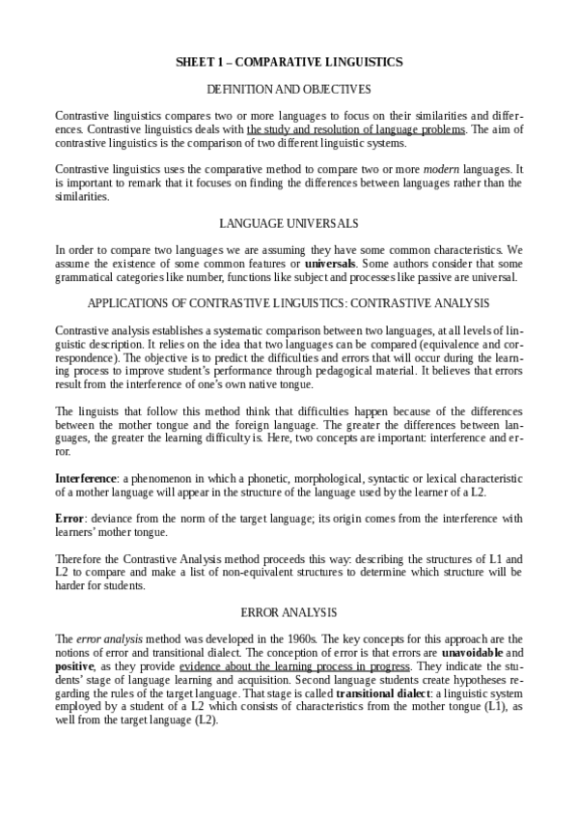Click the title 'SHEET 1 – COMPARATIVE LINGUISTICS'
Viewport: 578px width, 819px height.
pyautogui.click(x=289, y=62)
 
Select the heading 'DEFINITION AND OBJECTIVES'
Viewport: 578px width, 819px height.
pyautogui.click(x=289, y=89)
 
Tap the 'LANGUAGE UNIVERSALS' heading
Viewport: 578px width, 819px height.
pyautogui.click(x=289, y=223)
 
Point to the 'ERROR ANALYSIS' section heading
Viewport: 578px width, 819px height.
pyautogui.click(x=289, y=612)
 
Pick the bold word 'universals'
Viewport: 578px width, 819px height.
pyautogui.click(x=330, y=263)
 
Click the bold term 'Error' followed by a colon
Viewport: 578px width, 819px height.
pyautogui.click(x=69, y=519)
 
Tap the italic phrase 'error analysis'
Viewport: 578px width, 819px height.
pyautogui.click(x=102, y=638)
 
